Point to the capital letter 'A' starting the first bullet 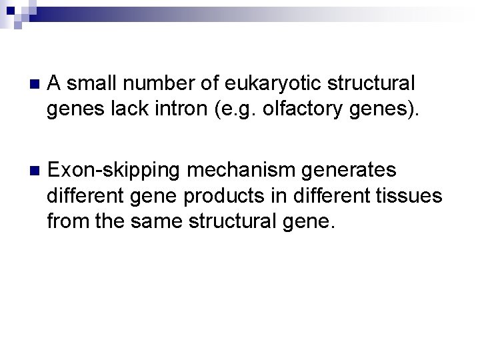pos(55,84)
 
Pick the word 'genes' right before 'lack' pos(71,110)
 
